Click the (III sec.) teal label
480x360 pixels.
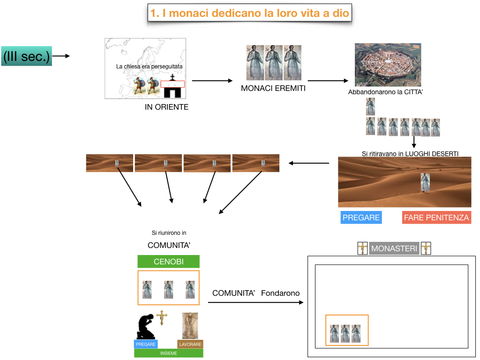(x=26, y=56)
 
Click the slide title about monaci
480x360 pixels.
(x=250, y=13)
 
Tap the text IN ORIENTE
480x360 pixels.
(x=166, y=107)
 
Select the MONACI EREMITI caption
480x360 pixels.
(x=273, y=88)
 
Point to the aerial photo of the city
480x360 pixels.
(x=388, y=65)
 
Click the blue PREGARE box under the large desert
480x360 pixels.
(x=361, y=217)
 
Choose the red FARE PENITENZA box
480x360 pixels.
(x=436, y=217)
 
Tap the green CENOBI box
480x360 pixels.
(x=168, y=262)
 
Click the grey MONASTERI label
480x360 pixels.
(x=394, y=248)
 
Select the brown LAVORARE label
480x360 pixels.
(x=190, y=344)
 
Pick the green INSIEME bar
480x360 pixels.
(x=169, y=353)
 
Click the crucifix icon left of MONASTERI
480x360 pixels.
(x=362, y=248)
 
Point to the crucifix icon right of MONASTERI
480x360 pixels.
(x=426, y=248)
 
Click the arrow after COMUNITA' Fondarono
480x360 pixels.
(x=256, y=303)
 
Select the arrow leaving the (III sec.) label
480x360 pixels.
(x=61, y=56)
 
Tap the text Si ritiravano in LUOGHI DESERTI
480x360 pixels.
(x=410, y=154)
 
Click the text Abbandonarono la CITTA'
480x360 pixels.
(x=386, y=92)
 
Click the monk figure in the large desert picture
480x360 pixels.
(x=425, y=182)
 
